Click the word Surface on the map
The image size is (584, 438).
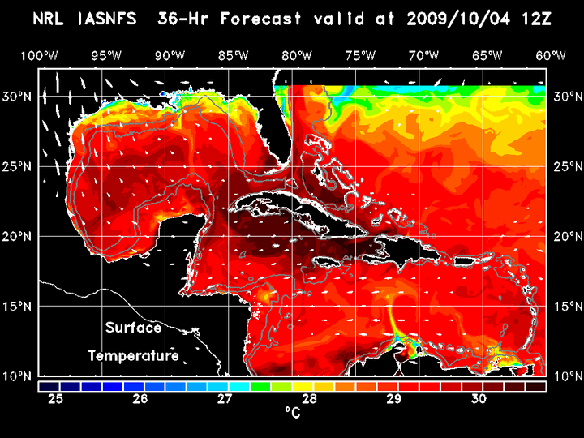(x=133, y=328)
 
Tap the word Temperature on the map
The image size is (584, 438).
(x=133, y=356)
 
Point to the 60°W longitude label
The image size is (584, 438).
(x=551, y=55)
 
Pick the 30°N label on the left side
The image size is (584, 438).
(x=20, y=96)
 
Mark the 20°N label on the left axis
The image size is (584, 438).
(x=20, y=236)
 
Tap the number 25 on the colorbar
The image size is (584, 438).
(x=55, y=398)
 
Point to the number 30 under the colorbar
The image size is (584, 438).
(x=479, y=398)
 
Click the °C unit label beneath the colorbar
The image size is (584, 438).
(x=292, y=414)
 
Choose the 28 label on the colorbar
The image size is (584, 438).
(x=309, y=398)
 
